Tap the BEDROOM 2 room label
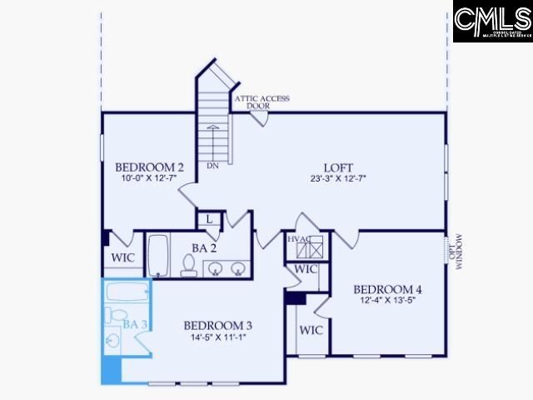(149, 165)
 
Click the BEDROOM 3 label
(217, 325)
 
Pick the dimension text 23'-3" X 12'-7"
(338, 177)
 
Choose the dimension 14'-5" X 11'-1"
(217, 337)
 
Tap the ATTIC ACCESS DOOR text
(262, 102)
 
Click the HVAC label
(299, 240)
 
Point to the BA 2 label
(204, 247)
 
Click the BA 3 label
(136, 323)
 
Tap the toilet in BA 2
(188, 265)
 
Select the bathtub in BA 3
(127, 293)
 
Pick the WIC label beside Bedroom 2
(122, 258)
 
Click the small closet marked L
(209, 220)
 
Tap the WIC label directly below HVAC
(306, 270)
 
